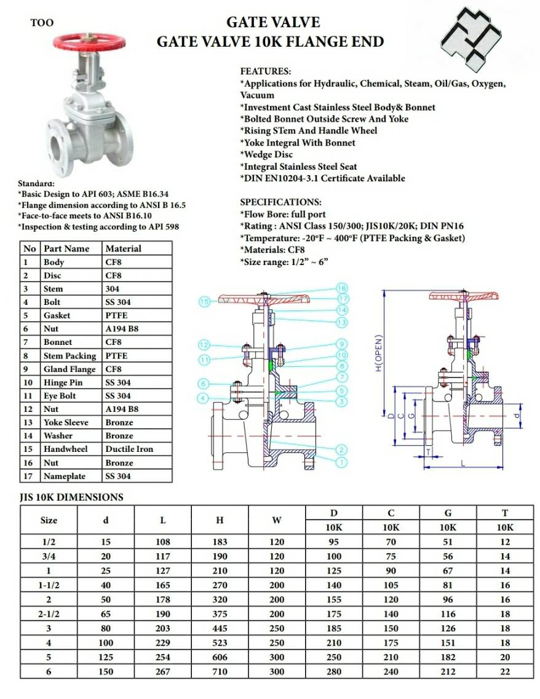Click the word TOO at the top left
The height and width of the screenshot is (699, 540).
[x=42, y=23]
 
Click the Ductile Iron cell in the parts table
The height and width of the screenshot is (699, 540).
[x=129, y=449]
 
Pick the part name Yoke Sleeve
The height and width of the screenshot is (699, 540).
[x=66, y=422]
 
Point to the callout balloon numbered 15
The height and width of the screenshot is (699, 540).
[x=205, y=301]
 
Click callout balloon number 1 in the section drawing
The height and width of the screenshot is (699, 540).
[x=341, y=462]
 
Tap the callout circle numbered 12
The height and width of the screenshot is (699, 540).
[x=205, y=344]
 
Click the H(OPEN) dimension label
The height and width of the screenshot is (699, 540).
[x=379, y=353]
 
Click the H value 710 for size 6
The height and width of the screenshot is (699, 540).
[x=220, y=672]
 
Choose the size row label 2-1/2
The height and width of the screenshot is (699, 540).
[x=49, y=614]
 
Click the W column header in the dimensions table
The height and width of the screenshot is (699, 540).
[x=277, y=520]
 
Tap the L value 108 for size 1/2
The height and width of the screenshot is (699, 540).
[x=162, y=542]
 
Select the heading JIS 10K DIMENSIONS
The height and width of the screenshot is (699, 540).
[x=71, y=497]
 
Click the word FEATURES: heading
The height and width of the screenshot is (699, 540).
[x=265, y=71]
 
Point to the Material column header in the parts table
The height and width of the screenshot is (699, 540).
[x=123, y=249]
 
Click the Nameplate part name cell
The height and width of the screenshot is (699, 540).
[x=65, y=476]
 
